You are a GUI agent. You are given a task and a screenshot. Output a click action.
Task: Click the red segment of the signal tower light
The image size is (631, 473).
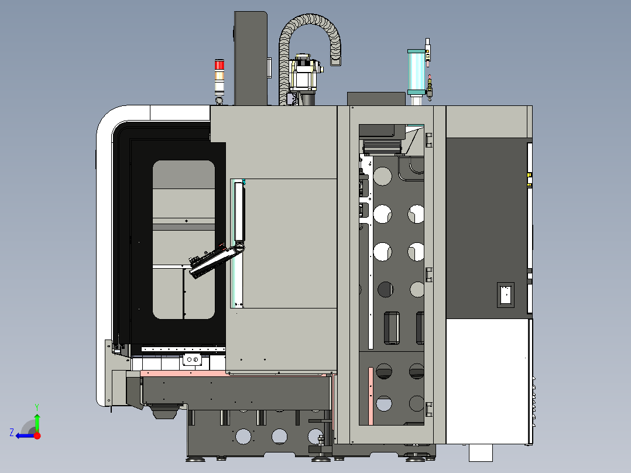(220, 64)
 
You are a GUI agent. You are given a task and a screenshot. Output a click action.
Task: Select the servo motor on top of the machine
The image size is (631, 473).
(305, 74)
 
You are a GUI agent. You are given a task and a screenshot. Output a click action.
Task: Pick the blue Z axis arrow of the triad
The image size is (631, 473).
(23, 436)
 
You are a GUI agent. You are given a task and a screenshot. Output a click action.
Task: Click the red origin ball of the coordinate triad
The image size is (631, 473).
(37, 436)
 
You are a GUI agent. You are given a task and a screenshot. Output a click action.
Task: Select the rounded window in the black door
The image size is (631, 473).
(183, 239)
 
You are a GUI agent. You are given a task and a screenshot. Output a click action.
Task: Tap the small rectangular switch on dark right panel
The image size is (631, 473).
(505, 295)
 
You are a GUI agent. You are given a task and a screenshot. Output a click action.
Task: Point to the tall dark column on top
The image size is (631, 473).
(251, 59)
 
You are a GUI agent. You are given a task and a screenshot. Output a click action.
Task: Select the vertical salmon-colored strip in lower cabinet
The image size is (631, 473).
(371, 396)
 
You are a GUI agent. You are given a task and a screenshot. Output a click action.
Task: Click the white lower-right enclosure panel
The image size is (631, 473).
(487, 381)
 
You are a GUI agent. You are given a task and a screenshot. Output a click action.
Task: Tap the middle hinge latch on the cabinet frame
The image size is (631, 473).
(428, 274)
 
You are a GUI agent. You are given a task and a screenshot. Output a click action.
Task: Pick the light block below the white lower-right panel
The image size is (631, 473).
(481, 452)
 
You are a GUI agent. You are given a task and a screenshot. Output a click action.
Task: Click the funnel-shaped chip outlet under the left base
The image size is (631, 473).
(164, 411)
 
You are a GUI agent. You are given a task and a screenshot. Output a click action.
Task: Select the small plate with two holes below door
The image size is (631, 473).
(191, 360)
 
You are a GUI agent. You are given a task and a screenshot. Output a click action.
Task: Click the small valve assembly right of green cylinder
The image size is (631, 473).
(430, 88)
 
